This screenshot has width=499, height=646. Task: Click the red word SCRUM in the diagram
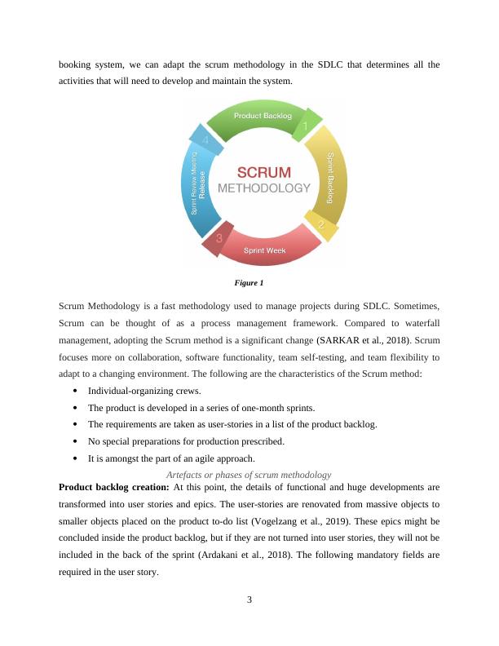[263, 172]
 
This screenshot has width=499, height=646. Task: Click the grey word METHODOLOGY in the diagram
[264, 188]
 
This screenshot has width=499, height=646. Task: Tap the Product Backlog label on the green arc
[263, 116]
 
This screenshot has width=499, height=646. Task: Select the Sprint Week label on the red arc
[265, 250]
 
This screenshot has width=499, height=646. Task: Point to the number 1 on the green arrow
[305, 127]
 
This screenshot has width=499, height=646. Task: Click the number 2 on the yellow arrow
[321, 224]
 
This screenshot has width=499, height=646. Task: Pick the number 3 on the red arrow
[219, 239]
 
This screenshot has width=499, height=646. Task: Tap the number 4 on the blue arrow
[205, 140]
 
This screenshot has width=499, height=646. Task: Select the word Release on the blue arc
[203, 185]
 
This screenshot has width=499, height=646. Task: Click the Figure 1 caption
[249, 283]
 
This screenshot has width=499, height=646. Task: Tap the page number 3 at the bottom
[249, 601]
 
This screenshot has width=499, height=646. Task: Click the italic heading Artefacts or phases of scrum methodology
[249, 475]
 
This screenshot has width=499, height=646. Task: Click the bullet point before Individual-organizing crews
[75, 391]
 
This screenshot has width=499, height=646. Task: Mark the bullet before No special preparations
[75, 441]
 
